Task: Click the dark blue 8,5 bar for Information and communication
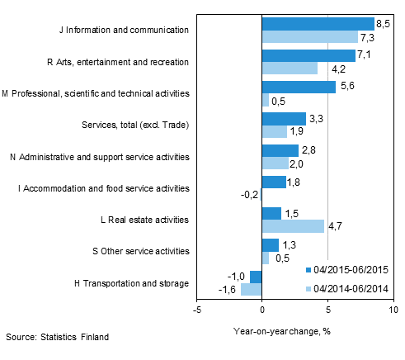[x=318, y=23]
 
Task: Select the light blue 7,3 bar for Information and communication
[x=309, y=36]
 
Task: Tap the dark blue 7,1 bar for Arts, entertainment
[x=308, y=55]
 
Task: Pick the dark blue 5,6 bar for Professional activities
[x=299, y=87]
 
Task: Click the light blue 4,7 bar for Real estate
[x=293, y=226]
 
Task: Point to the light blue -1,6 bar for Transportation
[x=251, y=290]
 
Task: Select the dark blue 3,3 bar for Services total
[x=283, y=119]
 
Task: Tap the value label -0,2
[x=248, y=196]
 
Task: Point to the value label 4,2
[x=327, y=69]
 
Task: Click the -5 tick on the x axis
[x=196, y=310]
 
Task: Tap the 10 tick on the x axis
[x=393, y=310]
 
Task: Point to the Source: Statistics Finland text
[x=56, y=338]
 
